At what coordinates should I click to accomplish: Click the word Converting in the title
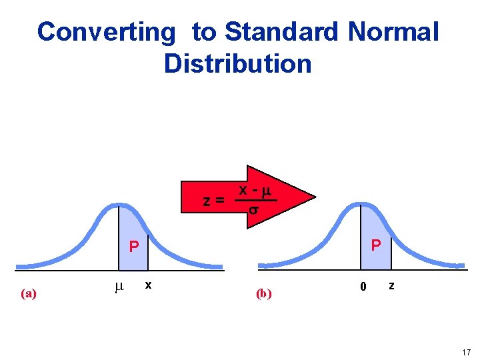[107, 31]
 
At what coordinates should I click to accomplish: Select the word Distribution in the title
[237, 64]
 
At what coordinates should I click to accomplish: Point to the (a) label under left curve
[28, 293]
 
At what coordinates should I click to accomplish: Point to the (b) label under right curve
[264, 293]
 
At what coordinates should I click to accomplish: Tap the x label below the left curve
[148, 285]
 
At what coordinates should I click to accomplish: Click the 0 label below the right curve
[363, 287]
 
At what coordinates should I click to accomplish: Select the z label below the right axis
[391, 285]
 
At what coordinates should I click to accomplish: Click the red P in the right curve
[375, 245]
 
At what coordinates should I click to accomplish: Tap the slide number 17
[466, 351]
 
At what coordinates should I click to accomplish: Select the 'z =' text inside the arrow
[213, 200]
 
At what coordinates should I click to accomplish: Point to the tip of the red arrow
[315, 197]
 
